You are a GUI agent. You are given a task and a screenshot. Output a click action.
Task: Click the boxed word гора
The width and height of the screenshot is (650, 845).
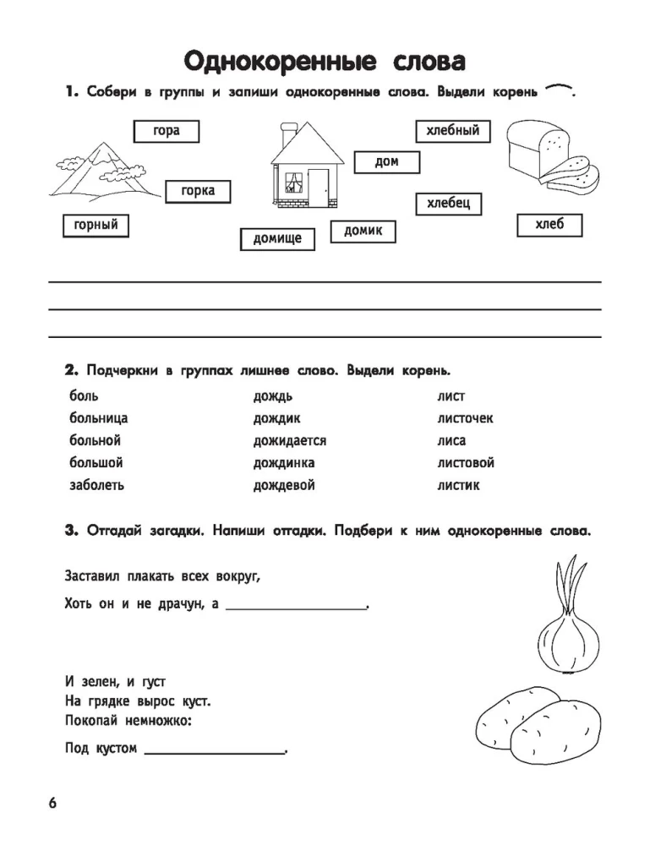(167, 131)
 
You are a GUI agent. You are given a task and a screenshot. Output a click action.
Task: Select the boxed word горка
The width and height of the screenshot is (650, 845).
(198, 192)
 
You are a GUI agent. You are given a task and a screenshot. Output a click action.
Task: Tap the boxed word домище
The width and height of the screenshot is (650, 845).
(277, 239)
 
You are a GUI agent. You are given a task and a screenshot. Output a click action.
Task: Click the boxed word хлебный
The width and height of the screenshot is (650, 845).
(453, 131)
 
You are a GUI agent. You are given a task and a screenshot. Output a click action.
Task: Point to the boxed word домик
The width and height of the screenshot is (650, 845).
(363, 231)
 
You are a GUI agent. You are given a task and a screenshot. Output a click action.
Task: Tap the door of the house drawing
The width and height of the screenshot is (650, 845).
(319, 187)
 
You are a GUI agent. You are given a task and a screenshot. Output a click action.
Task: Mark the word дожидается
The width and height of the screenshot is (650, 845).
(289, 441)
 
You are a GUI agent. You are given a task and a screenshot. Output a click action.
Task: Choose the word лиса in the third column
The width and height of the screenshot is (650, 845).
(451, 441)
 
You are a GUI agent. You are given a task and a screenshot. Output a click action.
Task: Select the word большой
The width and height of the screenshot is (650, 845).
(96, 463)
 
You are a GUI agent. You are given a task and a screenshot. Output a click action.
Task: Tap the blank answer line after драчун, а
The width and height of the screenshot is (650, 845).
(297, 607)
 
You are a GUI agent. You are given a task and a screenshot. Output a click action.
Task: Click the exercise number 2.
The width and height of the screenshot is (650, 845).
(71, 371)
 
